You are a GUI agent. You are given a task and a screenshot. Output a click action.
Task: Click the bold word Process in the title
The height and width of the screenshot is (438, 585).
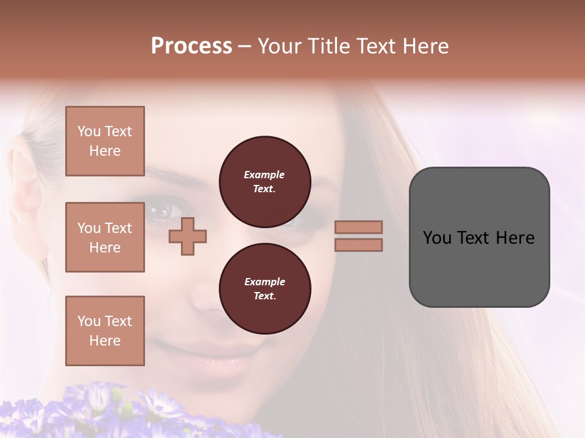(191, 46)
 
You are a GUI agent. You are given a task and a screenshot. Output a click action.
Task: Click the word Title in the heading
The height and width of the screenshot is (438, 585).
(325, 46)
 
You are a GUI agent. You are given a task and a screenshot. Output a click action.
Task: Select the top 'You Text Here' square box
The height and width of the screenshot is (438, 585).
(105, 141)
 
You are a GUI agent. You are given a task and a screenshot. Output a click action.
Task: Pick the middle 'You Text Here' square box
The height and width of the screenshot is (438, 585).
(105, 237)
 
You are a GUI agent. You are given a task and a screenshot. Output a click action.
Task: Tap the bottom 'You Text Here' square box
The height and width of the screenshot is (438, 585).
(105, 331)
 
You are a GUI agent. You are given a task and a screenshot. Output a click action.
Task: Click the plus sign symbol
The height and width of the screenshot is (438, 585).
(187, 236)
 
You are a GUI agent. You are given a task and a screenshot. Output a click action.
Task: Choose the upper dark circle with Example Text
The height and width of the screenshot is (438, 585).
(264, 181)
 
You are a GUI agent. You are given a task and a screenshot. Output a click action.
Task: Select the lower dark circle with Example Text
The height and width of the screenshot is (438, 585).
(264, 288)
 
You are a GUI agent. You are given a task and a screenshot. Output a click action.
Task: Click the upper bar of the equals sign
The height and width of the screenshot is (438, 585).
(358, 227)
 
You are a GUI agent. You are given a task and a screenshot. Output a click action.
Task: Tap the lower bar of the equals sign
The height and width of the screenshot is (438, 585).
(358, 245)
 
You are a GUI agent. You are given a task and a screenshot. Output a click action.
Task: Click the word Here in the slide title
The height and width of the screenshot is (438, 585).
(425, 46)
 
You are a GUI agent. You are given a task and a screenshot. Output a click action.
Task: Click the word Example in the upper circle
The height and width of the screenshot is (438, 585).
(264, 175)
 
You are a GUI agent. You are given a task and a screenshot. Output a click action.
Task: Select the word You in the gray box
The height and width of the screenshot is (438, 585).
(437, 238)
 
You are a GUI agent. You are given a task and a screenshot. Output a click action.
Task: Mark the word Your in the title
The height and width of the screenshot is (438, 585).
(279, 46)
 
